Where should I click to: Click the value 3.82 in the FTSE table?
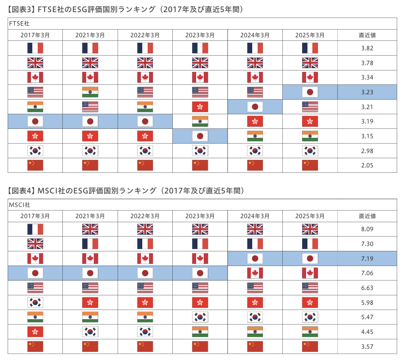point(367,48)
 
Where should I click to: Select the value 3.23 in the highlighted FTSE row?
point(367,92)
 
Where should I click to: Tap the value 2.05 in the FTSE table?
point(367,165)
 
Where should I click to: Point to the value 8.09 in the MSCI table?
point(367,229)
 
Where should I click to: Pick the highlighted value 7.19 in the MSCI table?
point(367,259)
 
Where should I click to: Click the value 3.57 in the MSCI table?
point(367,347)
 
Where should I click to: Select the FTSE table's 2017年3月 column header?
point(35,35)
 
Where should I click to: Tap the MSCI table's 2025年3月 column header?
point(310,216)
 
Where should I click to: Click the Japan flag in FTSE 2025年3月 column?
point(310,92)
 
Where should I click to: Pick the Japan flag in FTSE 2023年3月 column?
point(200,136)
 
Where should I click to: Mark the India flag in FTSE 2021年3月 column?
point(90,92)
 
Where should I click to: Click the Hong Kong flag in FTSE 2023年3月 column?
point(200,107)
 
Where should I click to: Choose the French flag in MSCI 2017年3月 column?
point(35,229)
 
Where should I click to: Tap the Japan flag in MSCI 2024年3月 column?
point(255,259)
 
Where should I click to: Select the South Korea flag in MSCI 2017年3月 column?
point(35,303)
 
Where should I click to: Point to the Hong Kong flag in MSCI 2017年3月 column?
point(35,332)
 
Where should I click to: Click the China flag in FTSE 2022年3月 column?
point(145,165)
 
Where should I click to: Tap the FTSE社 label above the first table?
point(19,24)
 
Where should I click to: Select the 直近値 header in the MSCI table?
point(367,216)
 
